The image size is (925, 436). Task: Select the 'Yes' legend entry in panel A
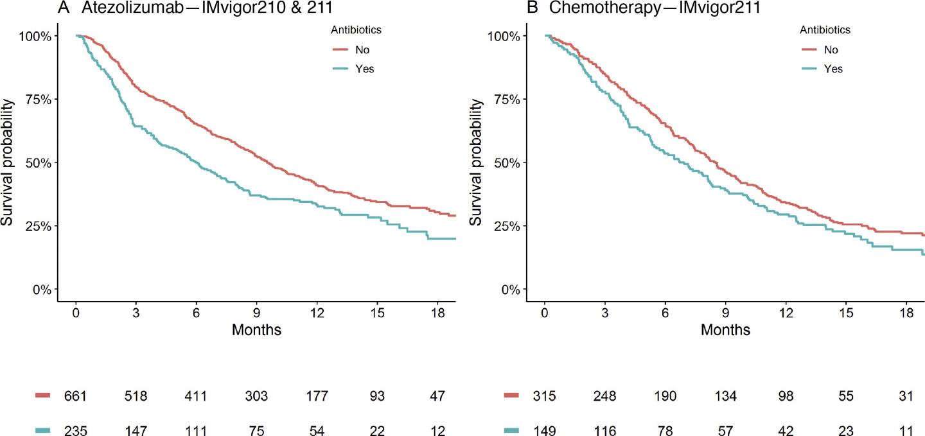pos(364,69)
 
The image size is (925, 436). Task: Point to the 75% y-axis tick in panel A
pos(37,99)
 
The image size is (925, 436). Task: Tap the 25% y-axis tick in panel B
pos(506,226)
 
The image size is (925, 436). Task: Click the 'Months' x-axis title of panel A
pos(256,331)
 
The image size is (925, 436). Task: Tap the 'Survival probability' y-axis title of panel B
pos(476,162)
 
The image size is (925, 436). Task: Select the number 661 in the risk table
pos(76,397)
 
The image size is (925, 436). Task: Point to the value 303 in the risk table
pos(256,397)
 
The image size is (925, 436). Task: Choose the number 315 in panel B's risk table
pos(545,397)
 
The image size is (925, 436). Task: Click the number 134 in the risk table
pos(725,397)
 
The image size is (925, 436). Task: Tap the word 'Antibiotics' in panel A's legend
pos(357,30)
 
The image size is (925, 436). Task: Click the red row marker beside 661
pos(42,396)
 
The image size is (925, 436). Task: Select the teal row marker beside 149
pos(511,431)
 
